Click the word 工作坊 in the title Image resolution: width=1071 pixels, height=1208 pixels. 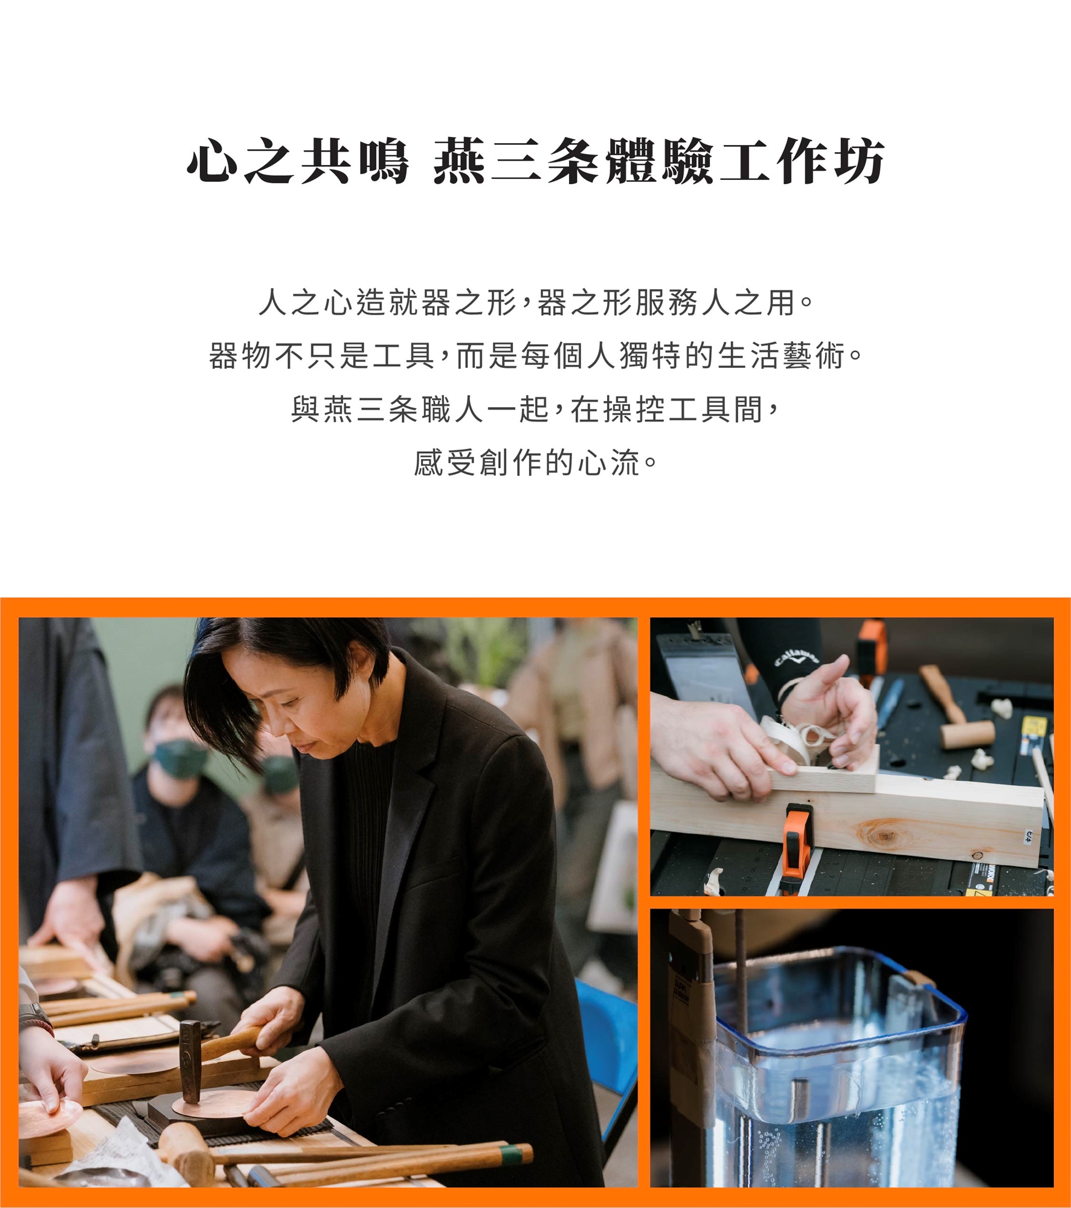pyautogui.click(x=802, y=161)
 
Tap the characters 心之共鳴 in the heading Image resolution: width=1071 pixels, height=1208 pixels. pyautogui.click(x=298, y=161)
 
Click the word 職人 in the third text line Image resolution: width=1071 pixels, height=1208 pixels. pyautogui.click(x=452, y=410)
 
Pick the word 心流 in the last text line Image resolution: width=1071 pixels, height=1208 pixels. pyautogui.click(x=608, y=463)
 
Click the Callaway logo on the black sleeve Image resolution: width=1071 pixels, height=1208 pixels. pyautogui.click(x=797, y=657)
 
